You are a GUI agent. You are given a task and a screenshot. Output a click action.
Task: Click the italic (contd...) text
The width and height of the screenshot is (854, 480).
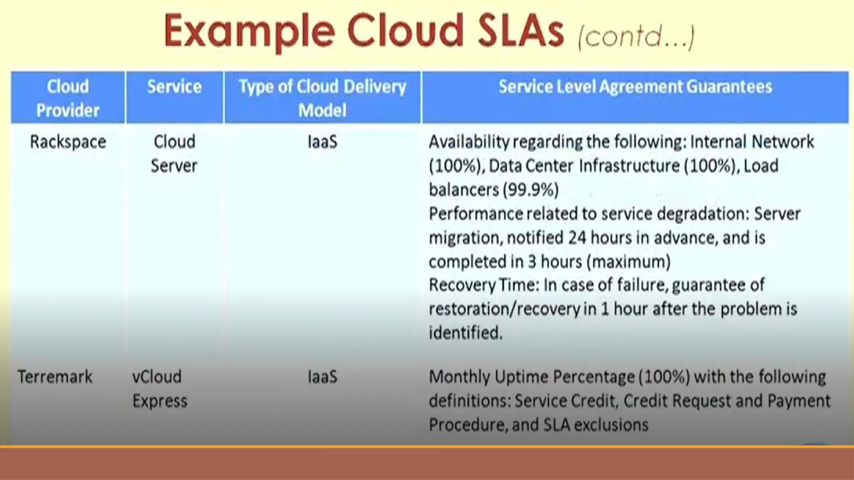tap(636, 37)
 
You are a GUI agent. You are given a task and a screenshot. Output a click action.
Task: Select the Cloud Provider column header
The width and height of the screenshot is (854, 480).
tap(68, 98)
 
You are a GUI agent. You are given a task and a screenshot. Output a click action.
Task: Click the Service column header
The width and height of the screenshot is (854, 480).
tap(174, 87)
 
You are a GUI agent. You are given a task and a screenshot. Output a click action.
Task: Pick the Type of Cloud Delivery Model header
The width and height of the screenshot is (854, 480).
tap(322, 98)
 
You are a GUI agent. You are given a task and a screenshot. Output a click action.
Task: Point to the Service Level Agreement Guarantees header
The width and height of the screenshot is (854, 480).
tap(635, 87)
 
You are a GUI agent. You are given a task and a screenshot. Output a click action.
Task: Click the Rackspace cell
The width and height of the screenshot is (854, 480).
tap(68, 142)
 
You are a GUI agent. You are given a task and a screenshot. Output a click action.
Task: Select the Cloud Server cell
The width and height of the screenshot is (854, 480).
tap(174, 154)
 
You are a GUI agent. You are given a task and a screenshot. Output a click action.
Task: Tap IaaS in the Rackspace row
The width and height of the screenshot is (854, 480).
tap(322, 142)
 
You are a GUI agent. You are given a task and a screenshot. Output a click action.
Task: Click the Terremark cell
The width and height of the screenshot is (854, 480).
tap(55, 377)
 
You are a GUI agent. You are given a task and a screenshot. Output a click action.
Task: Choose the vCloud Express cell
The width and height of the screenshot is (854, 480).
tap(159, 389)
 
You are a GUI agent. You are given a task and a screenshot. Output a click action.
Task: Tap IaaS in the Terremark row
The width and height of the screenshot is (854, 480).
tap(322, 377)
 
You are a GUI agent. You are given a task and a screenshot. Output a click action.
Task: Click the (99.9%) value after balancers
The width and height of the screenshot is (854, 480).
tap(530, 190)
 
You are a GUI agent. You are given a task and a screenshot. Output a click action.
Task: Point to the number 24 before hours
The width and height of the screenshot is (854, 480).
tap(577, 238)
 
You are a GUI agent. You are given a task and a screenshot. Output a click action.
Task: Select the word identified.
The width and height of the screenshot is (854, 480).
tap(465, 333)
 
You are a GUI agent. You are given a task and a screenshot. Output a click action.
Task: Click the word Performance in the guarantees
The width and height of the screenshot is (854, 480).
tap(475, 214)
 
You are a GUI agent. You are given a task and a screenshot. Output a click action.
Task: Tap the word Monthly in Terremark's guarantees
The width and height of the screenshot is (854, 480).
tap(460, 377)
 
